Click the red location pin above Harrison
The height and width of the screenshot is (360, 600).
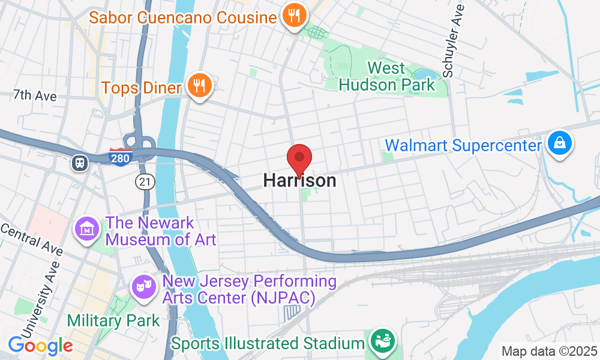click(x=299, y=159)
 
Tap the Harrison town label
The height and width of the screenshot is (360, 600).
click(x=299, y=181)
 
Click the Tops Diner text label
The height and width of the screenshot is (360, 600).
click(x=142, y=88)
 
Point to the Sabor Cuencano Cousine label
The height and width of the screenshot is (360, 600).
click(x=182, y=17)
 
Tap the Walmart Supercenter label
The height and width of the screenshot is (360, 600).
click(x=463, y=145)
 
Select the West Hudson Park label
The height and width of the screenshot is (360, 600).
click(x=386, y=76)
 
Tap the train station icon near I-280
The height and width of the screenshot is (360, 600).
click(x=79, y=163)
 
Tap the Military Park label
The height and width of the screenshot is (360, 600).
click(x=113, y=320)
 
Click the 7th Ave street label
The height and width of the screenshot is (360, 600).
click(x=35, y=95)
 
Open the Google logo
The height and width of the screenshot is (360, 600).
click(x=40, y=345)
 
